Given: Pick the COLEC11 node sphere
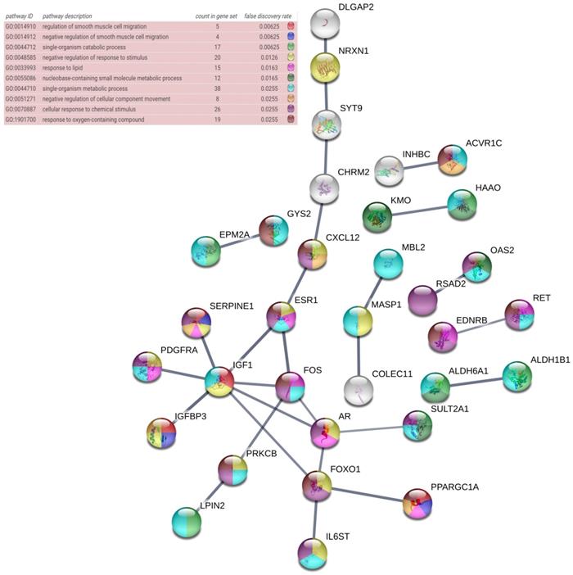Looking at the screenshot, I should point(358,393).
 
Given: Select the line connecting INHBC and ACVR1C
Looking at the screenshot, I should point(424,164).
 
